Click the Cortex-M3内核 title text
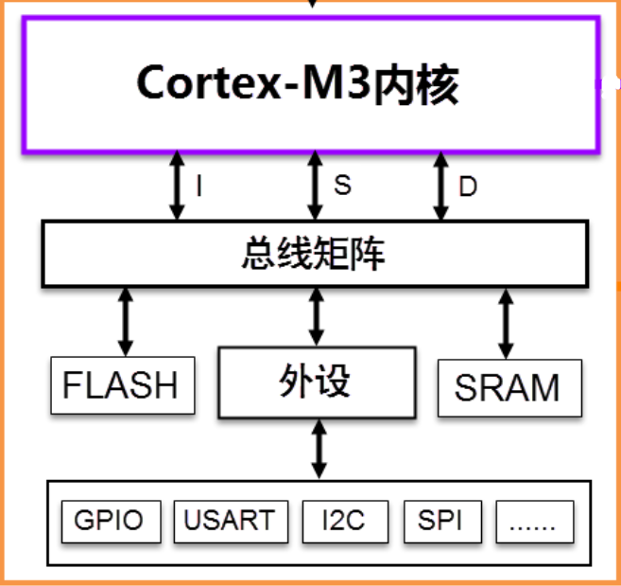click(x=298, y=84)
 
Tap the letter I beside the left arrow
click(x=199, y=186)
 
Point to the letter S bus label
click(x=342, y=186)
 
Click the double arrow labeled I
click(x=177, y=186)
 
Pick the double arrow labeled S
click(x=316, y=186)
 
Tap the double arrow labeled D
click(x=440, y=186)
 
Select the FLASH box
click(x=122, y=386)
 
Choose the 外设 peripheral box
click(x=316, y=382)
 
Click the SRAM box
click(x=508, y=387)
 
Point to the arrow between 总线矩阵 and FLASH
click(x=125, y=321)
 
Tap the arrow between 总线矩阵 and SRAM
click(x=507, y=323)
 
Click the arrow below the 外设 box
click(x=319, y=450)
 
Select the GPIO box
click(x=109, y=520)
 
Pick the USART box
click(x=229, y=520)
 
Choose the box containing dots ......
click(x=535, y=520)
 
